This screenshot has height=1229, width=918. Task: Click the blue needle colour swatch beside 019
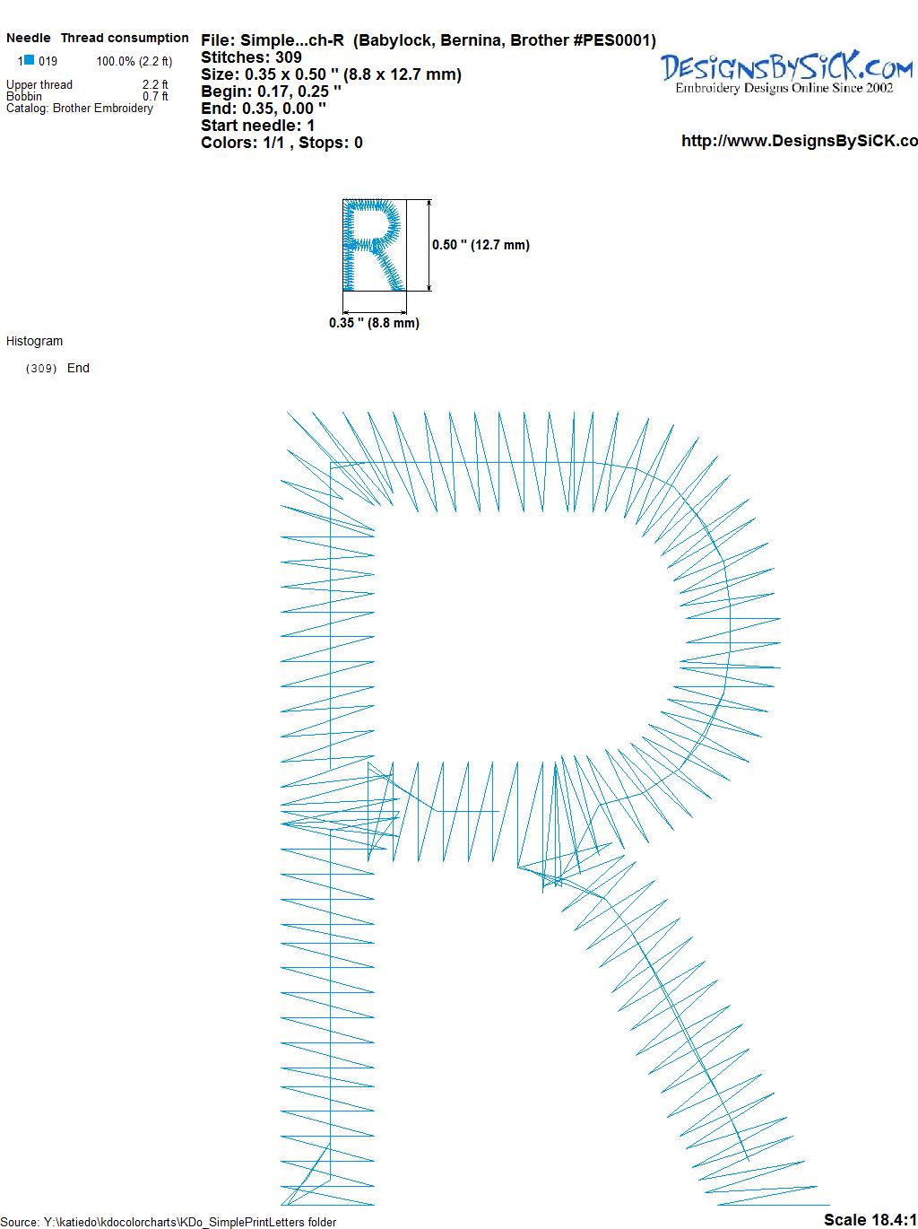tap(30, 60)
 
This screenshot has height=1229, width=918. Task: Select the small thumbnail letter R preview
tap(374, 245)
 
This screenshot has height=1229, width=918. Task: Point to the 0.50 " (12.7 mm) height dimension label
tap(481, 245)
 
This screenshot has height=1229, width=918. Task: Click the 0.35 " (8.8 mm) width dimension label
tap(374, 323)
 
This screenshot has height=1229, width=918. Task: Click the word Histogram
tap(34, 341)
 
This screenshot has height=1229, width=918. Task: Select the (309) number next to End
tap(41, 369)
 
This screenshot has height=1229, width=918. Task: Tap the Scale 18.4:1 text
tap(870, 1219)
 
